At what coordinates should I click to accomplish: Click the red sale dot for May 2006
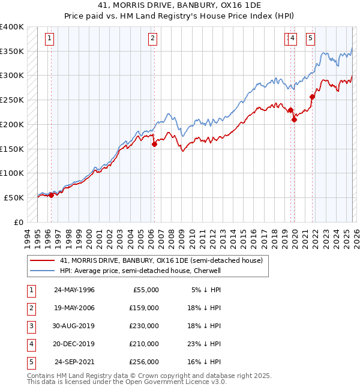tap(154, 144)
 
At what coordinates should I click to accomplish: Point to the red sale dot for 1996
tap(51, 194)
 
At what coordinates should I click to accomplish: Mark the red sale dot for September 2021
tap(312, 97)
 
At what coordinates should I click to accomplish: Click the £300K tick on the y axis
tap(12, 76)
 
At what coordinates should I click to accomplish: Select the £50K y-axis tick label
tap(14, 197)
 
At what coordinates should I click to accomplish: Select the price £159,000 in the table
tap(144, 308)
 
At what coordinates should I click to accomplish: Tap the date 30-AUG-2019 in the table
tap(74, 326)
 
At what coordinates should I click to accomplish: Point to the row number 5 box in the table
tap(31, 362)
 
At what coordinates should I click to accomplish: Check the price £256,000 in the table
tap(144, 362)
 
